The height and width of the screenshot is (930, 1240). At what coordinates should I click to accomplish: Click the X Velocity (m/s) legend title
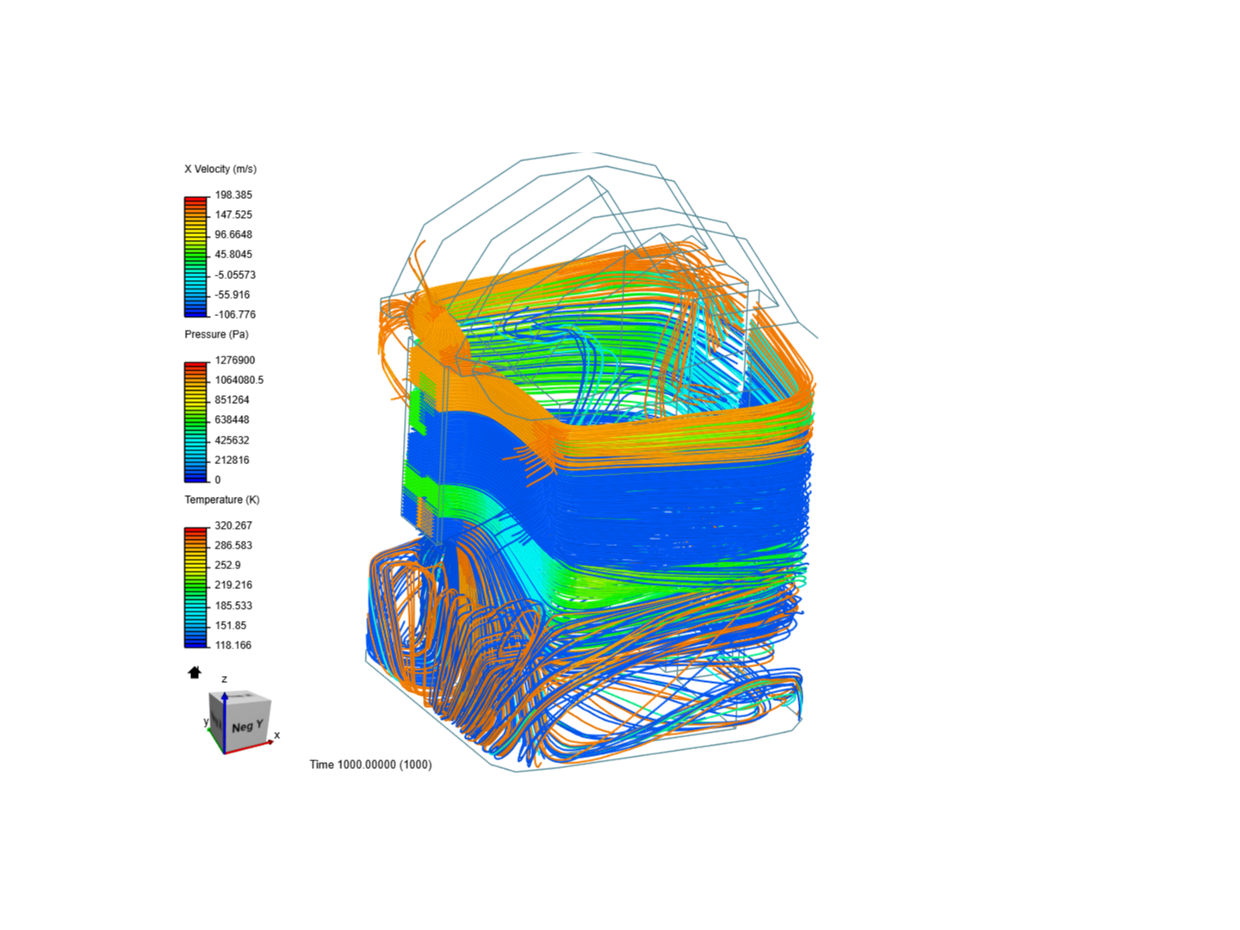220,169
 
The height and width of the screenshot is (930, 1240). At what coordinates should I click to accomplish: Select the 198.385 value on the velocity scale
233,195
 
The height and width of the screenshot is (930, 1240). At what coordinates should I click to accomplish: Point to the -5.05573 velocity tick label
235,275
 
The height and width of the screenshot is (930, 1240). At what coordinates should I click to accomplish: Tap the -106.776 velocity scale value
235,314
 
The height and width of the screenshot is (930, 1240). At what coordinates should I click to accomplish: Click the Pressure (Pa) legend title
216,334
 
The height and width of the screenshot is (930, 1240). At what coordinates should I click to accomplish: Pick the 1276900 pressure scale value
234,360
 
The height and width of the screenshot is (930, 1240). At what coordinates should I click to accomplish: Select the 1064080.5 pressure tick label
239,380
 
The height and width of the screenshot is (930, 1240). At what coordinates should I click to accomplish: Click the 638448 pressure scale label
232,419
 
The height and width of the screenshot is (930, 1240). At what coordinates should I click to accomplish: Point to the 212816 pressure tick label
232,460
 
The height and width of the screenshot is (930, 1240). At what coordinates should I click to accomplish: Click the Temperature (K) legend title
222,499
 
